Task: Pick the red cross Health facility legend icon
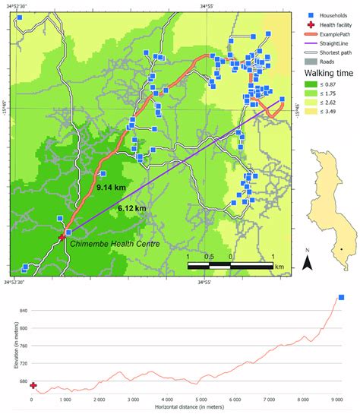pos(301,24)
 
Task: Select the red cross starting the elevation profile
pos(33,385)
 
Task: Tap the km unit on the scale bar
pos(279,267)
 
